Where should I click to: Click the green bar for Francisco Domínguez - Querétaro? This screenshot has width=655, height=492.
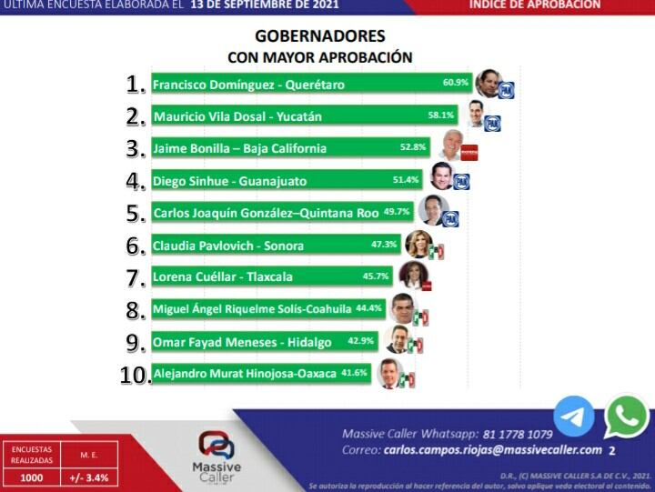[309, 84]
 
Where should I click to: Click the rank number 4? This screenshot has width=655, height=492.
[136, 180]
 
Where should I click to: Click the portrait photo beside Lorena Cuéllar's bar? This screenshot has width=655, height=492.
[411, 275]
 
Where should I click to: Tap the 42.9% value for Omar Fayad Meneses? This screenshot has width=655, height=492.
[361, 340]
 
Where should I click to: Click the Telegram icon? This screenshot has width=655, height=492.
[573, 417]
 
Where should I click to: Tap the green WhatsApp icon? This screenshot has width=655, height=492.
[626, 417]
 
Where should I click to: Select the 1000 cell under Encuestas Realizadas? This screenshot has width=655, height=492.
[31, 476]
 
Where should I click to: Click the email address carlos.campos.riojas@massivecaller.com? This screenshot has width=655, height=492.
[492, 450]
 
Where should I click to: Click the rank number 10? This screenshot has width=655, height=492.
[135, 375]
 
